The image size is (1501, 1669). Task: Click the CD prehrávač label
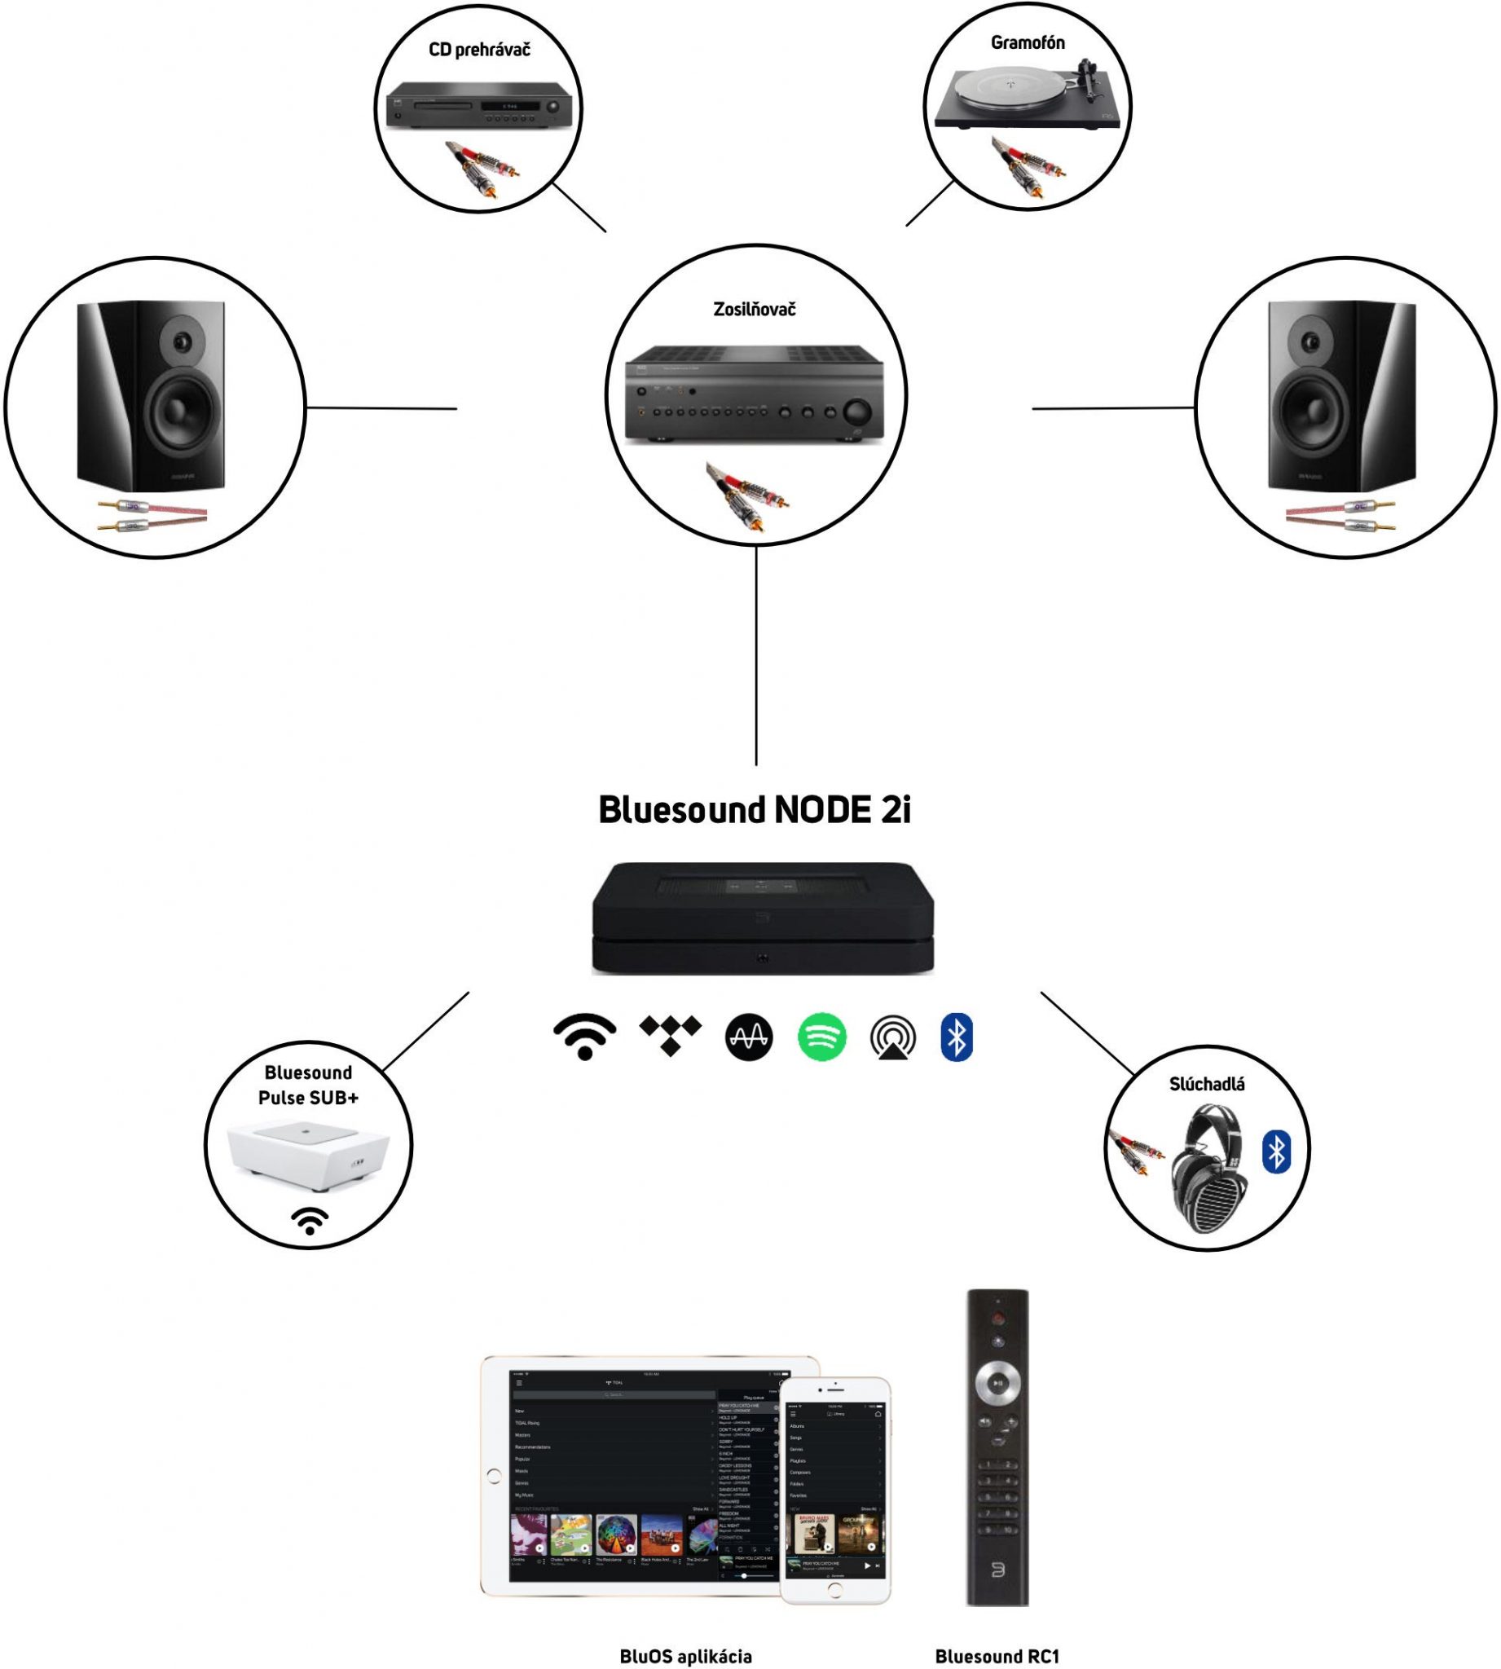click(479, 51)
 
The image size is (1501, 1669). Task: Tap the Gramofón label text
click(1027, 43)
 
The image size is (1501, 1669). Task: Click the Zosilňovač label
click(754, 310)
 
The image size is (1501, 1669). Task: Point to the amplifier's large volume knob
click(858, 412)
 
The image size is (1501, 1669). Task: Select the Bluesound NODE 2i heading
click(754, 810)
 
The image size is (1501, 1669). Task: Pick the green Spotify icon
click(821, 1037)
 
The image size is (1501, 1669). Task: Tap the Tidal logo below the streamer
click(671, 1035)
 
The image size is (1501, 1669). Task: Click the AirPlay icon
click(892, 1038)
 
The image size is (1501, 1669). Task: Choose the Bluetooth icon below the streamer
click(957, 1036)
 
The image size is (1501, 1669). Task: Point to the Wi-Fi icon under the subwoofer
click(310, 1222)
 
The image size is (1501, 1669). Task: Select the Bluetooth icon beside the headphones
click(1276, 1152)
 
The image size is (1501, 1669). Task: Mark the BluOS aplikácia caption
click(685, 1656)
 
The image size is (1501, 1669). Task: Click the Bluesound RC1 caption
click(997, 1656)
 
